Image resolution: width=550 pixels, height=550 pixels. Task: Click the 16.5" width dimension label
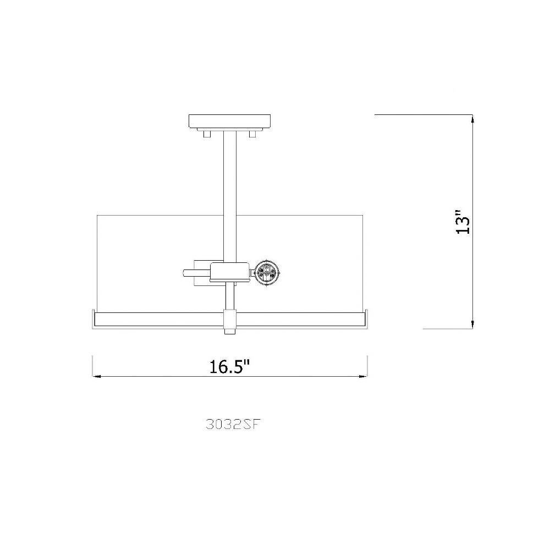point(229,366)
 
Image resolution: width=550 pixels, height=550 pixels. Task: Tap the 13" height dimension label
point(463,222)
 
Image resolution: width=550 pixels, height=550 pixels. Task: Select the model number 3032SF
point(234,425)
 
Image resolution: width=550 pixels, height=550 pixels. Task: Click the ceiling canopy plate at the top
point(230,122)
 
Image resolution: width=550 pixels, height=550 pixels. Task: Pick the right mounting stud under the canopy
point(252,134)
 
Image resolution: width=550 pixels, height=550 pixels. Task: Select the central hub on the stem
point(229,272)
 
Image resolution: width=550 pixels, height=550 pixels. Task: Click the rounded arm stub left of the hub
point(196,273)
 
